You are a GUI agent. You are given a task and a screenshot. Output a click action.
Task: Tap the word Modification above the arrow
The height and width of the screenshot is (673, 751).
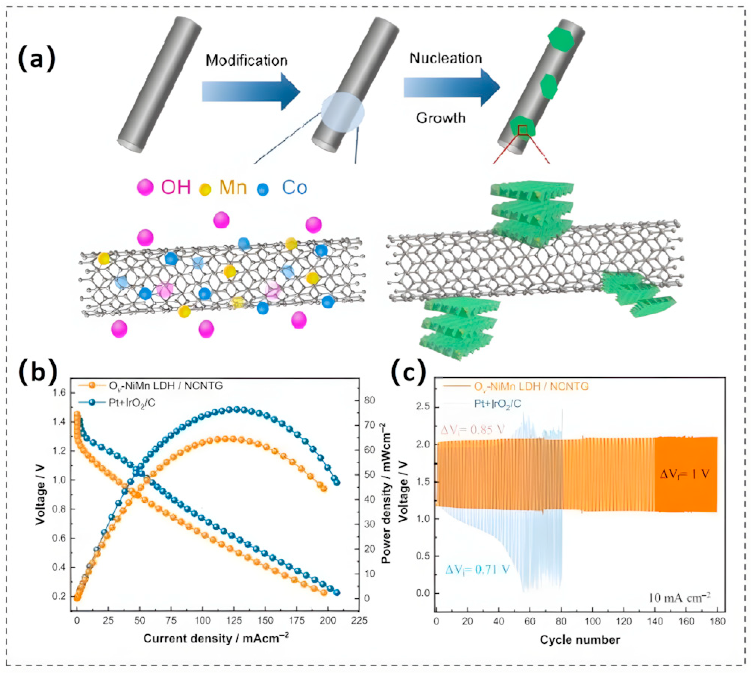[x=246, y=60]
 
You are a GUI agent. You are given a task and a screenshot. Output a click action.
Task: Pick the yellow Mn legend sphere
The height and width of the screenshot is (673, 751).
[x=205, y=189]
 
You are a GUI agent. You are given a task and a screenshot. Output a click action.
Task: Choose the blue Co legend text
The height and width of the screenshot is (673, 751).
[x=294, y=188]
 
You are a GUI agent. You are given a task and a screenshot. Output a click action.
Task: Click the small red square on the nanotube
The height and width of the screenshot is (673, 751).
[x=522, y=130]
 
